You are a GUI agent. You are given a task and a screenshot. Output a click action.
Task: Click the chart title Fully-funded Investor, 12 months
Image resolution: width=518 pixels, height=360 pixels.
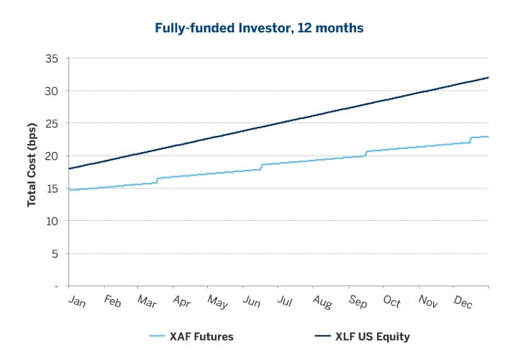coord(259,29)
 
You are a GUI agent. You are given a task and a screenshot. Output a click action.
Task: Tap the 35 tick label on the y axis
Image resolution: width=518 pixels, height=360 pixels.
coord(51,58)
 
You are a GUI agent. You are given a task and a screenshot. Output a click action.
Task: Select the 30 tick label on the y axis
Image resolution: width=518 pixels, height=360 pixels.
coord(51,91)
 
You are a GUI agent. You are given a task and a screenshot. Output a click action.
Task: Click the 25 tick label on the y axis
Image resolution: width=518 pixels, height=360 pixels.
coord(51,123)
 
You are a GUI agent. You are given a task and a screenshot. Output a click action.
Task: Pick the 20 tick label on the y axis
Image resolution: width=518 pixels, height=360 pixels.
coord(51,156)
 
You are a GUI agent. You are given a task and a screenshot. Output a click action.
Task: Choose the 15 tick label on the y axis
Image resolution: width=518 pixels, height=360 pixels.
coord(51,189)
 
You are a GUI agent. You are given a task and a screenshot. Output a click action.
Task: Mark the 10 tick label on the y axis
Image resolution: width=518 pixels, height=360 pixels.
coord(51,221)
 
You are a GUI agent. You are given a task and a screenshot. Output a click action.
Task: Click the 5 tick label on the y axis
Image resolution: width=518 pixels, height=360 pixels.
coord(54,253)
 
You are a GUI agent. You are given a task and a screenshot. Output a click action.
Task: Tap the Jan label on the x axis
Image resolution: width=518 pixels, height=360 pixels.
coord(76,301)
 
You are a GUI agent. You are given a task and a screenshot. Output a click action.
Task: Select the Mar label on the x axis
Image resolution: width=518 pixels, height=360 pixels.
coord(147,301)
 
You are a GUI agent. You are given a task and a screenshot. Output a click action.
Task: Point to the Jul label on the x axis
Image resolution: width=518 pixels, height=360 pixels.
coord(285,300)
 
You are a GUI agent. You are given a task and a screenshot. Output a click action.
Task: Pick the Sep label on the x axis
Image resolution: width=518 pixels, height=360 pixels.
coord(357,301)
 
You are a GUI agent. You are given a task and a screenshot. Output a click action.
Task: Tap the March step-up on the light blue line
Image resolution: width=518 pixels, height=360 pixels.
coord(157,180)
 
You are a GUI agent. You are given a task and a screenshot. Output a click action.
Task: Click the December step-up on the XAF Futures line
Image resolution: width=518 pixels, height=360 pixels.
coord(471,140)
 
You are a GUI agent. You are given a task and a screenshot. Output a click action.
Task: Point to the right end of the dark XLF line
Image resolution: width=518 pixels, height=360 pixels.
coord(489,77)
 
